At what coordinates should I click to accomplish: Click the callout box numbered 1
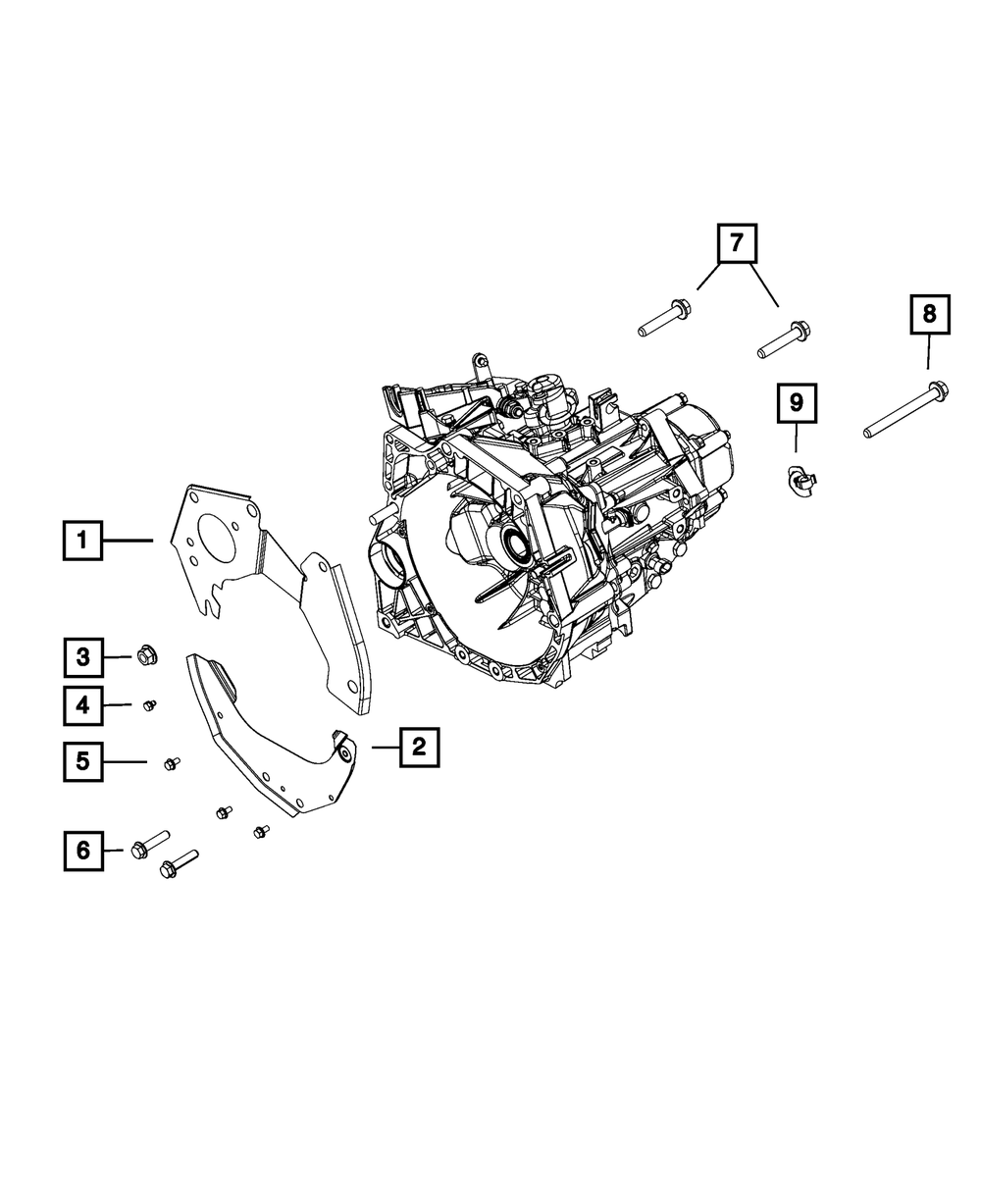coord(82,540)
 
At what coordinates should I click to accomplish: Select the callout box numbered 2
coord(419,748)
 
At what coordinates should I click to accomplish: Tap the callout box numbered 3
coord(83,656)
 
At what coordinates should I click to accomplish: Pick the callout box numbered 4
coord(83,704)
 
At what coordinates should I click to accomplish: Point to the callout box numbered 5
coord(83,761)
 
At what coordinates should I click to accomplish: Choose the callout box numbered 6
coord(83,850)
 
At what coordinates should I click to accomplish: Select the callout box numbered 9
coord(796,402)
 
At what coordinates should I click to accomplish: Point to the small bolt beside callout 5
coord(172,762)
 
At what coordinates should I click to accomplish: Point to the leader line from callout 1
coord(128,540)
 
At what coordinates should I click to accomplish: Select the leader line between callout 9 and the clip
coord(796,440)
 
